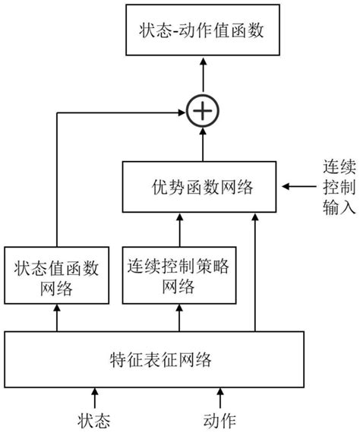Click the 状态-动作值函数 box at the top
[202, 31]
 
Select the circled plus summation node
[203, 112]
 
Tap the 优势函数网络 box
[202, 187]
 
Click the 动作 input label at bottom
[221, 418]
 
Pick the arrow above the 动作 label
[221, 397]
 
